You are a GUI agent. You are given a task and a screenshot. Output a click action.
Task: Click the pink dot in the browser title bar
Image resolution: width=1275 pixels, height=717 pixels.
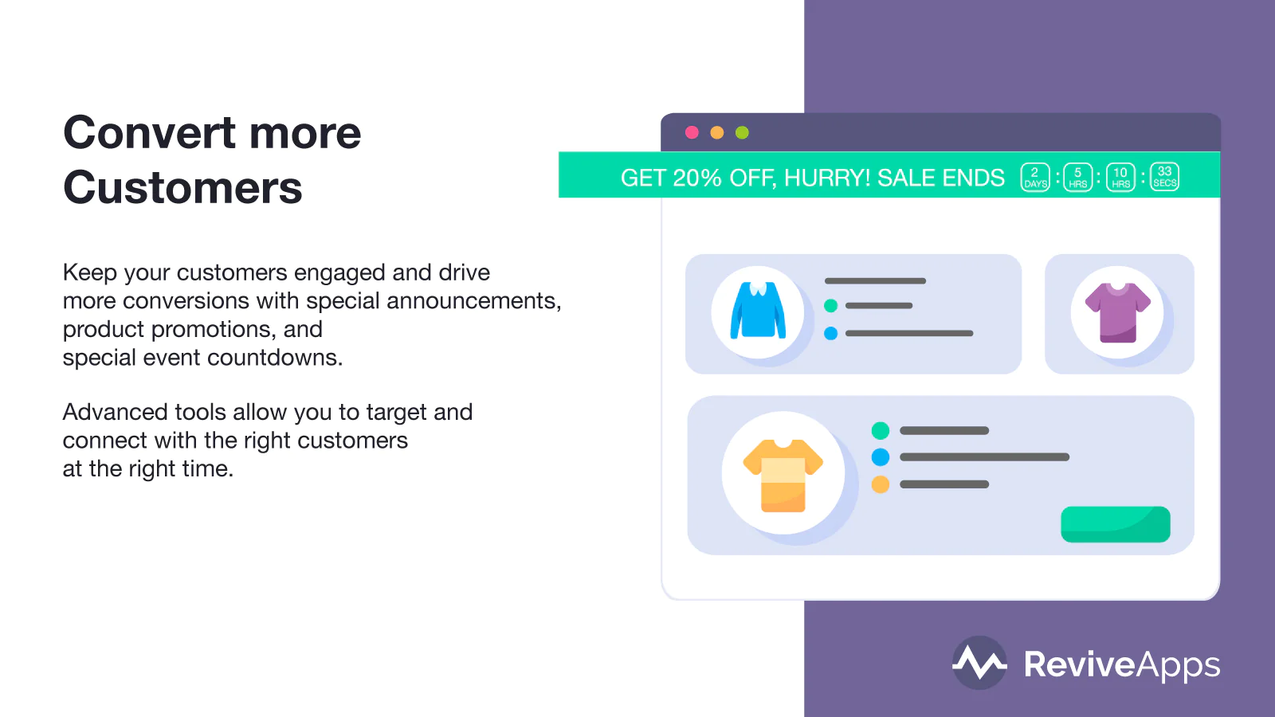click(x=692, y=132)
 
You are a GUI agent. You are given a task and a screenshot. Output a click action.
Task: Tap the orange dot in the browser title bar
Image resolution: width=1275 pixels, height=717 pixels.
click(x=716, y=132)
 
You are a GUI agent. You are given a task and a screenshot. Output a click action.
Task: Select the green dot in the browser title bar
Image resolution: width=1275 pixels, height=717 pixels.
click(x=742, y=132)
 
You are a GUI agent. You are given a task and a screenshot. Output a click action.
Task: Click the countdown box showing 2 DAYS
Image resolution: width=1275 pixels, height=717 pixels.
click(x=1035, y=178)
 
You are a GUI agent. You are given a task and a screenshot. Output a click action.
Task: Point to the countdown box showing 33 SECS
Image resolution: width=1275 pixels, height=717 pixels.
click(x=1164, y=177)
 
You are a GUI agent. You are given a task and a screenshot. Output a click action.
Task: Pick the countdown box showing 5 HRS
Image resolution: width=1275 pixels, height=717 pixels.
click(x=1078, y=178)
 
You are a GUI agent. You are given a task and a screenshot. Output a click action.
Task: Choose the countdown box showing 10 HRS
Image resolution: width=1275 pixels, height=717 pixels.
click(x=1120, y=178)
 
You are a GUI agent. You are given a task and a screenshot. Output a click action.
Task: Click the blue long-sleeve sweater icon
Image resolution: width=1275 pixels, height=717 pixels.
click(x=758, y=311)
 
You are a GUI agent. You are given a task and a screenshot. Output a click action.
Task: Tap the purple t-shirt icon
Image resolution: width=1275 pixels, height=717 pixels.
click(x=1118, y=312)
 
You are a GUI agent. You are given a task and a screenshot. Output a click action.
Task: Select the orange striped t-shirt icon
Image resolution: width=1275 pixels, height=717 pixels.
click(x=783, y=476)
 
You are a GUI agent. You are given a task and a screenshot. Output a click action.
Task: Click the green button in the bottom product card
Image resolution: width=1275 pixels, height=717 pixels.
click(x=1116, y=524)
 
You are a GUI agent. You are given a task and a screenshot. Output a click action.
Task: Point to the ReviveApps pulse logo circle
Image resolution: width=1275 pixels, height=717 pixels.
click(x=979, y=663)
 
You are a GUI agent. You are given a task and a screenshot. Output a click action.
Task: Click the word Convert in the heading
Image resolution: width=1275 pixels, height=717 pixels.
click(x=148, y=132)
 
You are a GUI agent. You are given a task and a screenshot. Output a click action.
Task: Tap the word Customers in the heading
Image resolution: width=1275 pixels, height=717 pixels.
click(x=182, y=187)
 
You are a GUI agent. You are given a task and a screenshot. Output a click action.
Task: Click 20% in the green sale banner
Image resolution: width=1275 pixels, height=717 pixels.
click(x=697, y=178)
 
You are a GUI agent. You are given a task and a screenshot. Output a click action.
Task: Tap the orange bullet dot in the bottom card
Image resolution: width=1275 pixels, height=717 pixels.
click(x=880, y=484)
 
